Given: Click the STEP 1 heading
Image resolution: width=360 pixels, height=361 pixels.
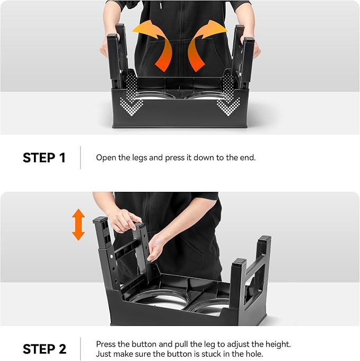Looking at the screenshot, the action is [x=44, y=158].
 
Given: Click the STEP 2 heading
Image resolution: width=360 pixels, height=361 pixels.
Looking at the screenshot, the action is [x=45, y=349].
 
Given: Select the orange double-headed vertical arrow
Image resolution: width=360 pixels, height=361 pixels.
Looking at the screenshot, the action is [x=78, y=225].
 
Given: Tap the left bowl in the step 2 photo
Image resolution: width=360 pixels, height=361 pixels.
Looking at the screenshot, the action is [x=159, y=301].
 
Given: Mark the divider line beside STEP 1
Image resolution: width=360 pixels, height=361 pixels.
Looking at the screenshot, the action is [x=81, y=157].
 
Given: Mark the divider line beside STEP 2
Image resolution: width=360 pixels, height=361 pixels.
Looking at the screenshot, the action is [x=81, y=349].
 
